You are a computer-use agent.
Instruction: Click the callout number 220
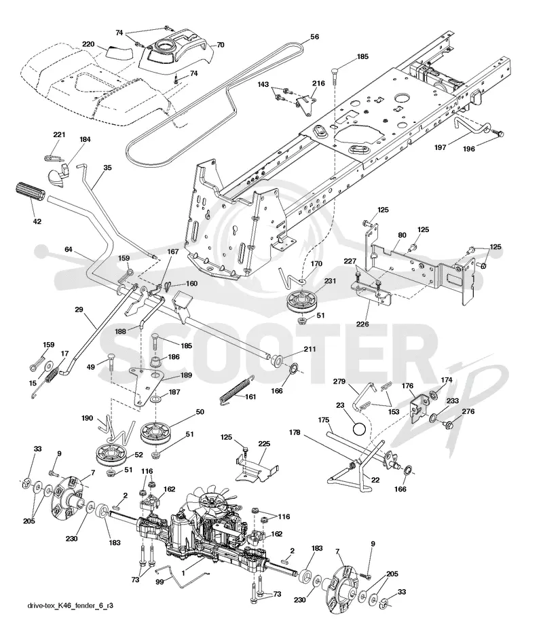coord(89,44)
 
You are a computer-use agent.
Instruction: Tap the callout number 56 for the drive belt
coord(315,37)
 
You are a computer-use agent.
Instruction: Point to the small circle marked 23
coord(359,429)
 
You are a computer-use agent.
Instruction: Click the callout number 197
coord(441,148)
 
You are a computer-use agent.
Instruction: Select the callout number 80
coord(402,235)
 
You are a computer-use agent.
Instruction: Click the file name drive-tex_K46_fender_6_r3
coord(71,605)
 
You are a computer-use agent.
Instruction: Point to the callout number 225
coord(264,444)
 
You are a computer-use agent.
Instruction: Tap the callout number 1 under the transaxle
coord(183,574)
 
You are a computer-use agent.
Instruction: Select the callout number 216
coord(319,83)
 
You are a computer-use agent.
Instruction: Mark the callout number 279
coord(339,381)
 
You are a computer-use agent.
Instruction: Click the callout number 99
coord(160,582)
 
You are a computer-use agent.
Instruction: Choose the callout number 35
coord(107,168)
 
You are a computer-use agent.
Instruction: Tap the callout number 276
coord(468,411)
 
